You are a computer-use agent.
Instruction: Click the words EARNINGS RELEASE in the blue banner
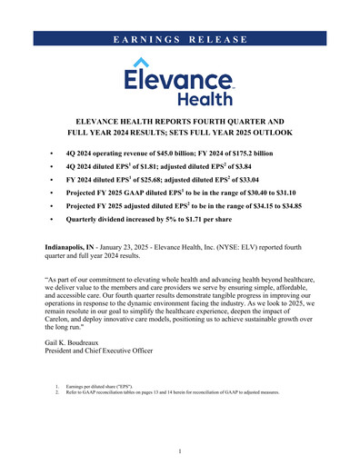pos(180,40)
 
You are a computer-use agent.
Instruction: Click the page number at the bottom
pos(180,450)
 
